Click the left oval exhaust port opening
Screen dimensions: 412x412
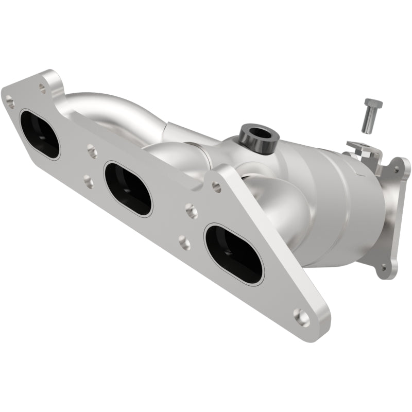40,133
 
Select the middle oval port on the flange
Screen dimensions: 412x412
128,188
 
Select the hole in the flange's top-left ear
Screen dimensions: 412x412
42,88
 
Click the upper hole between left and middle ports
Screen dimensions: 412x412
92,151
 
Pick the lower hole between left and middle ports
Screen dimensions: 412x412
88,181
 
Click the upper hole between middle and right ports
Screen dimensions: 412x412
191,210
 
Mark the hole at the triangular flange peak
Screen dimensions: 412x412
217,187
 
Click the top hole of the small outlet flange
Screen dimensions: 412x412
397,167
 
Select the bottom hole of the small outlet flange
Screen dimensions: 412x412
383,267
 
